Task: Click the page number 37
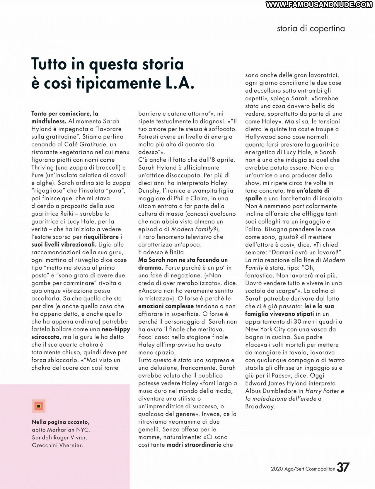(x=343, y=467)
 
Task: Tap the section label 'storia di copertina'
(x=311, y=28)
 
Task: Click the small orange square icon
(x=39, y=406)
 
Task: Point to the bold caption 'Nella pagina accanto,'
(x=61, y=422)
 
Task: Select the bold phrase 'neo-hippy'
(x=116, y=329)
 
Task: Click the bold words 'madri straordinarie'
(x=194, y=445)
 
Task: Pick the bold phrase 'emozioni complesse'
(x=166, y=306)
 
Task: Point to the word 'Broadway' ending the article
(x=260, y=406)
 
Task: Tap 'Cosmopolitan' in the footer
(x=320, y=469)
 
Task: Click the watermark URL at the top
(x=319, y=4)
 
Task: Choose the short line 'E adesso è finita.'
(x=162, y=252)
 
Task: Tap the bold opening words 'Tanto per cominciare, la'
(x=65, y=114)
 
